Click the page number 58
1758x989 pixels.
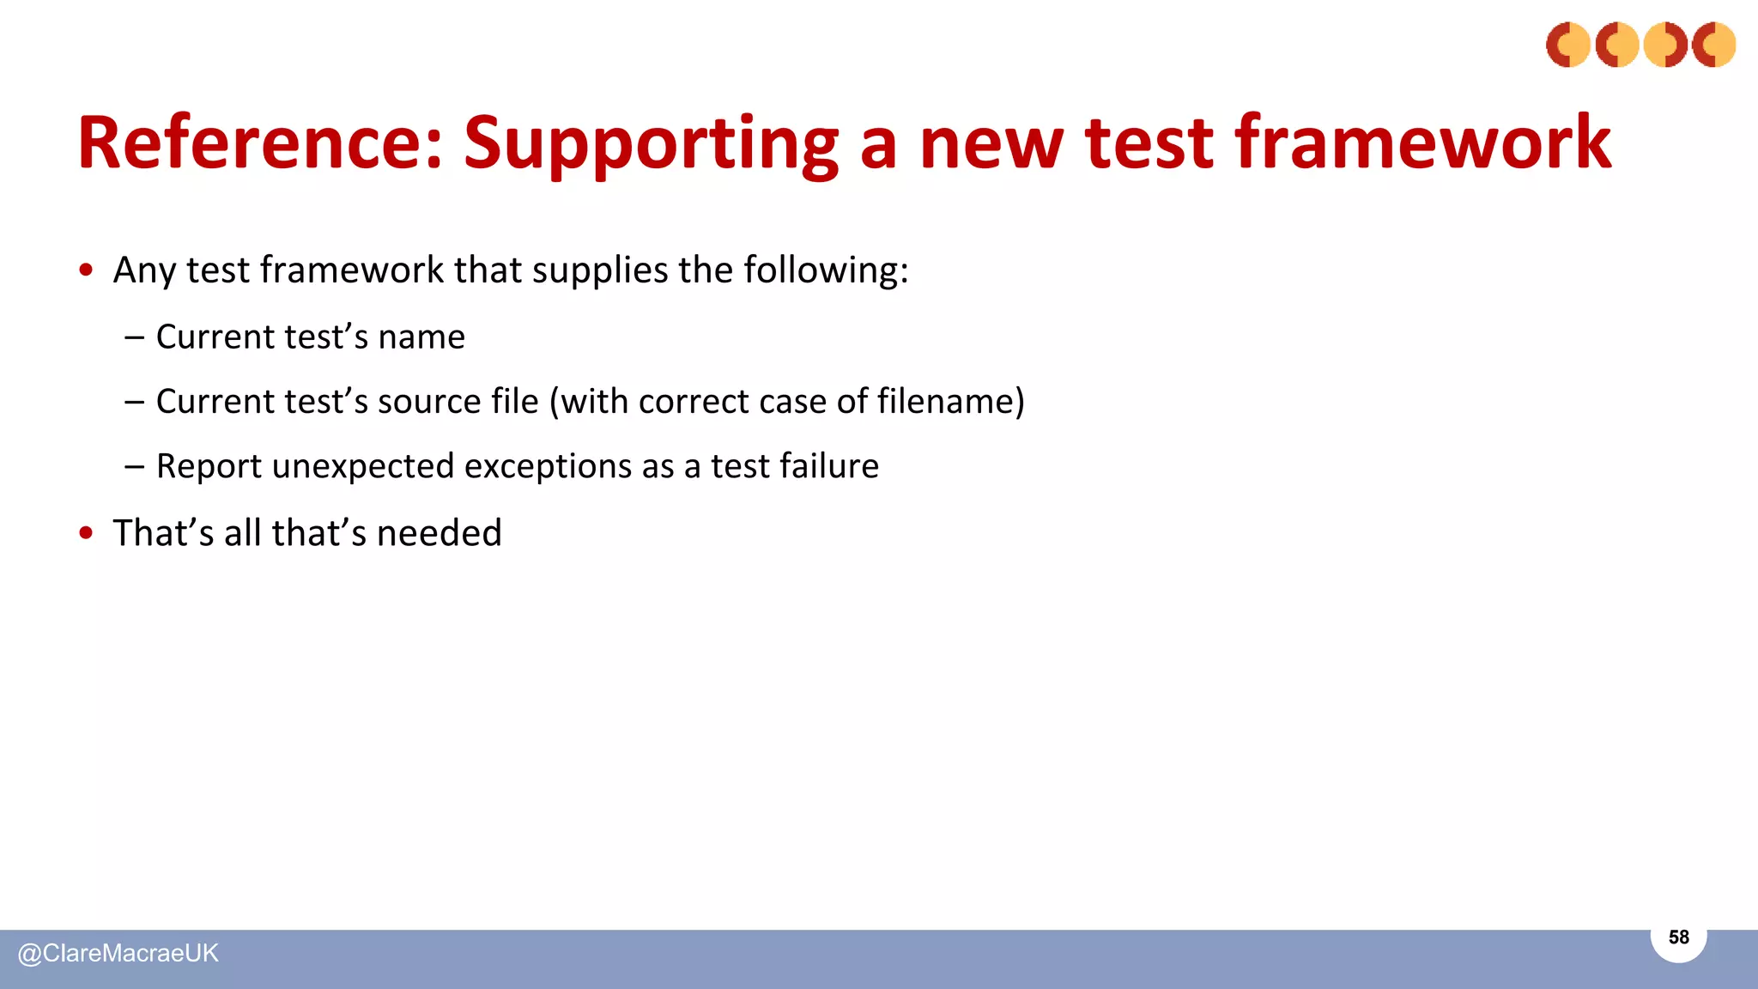[x=1678, y=937]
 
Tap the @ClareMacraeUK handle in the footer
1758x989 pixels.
[x=118, y=954]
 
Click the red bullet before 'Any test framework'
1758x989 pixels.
[x=86, y=270]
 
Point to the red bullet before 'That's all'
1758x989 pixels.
[x=86, y=533]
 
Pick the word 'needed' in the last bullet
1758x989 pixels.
[x=439, y=533]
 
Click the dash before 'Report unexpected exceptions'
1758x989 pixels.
[x=134, y=466]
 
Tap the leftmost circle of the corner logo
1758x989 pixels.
[x=1568, y=45]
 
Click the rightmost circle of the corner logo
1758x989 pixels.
[x=1713, y=45]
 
